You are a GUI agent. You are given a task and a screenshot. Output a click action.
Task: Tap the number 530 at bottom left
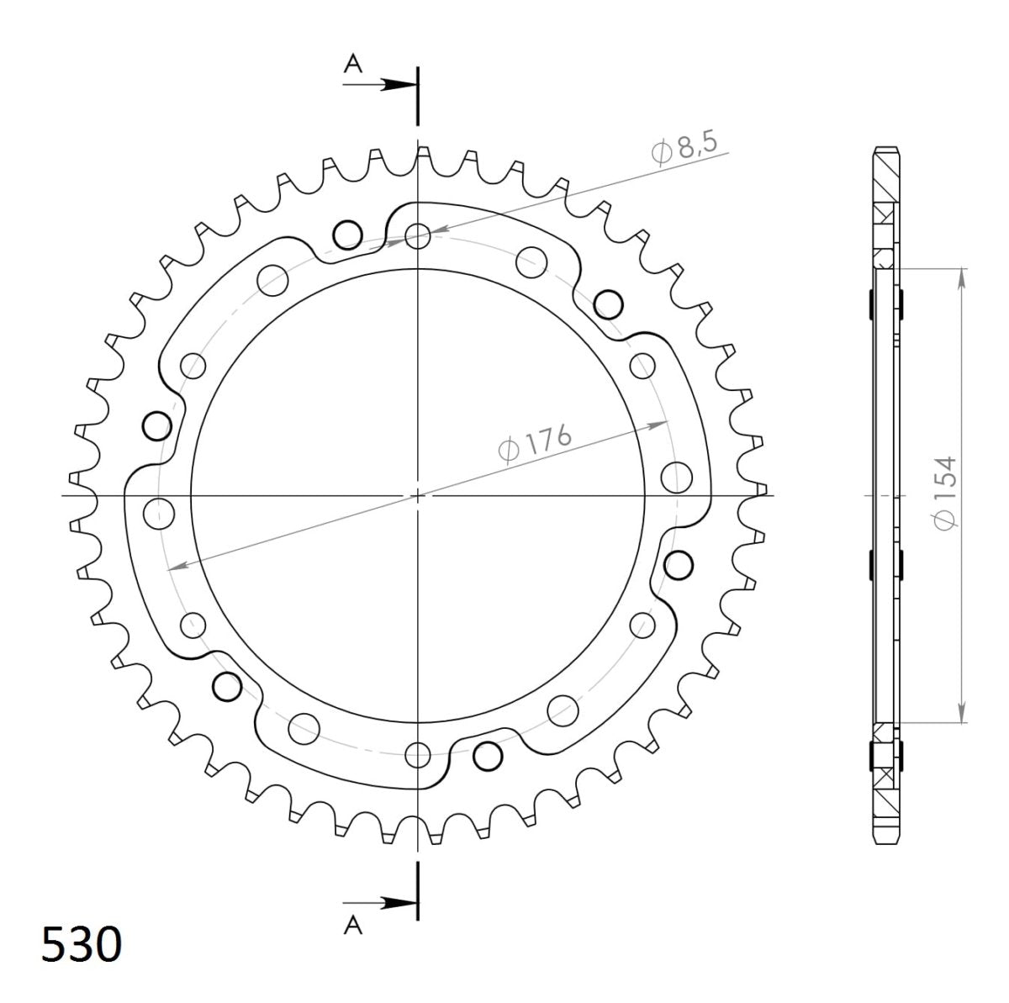point(82,944)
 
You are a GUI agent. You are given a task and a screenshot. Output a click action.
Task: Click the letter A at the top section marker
point(353,65)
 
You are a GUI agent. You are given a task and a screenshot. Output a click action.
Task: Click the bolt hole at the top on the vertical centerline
point(418,236)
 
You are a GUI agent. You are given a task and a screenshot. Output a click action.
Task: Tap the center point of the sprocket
point(418,496)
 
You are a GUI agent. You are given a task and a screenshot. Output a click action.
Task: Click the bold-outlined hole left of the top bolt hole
point(346,236)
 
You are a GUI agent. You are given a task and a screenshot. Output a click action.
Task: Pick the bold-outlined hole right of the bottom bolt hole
point(486,756)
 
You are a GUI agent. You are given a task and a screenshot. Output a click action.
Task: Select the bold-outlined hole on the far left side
point(156,427)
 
